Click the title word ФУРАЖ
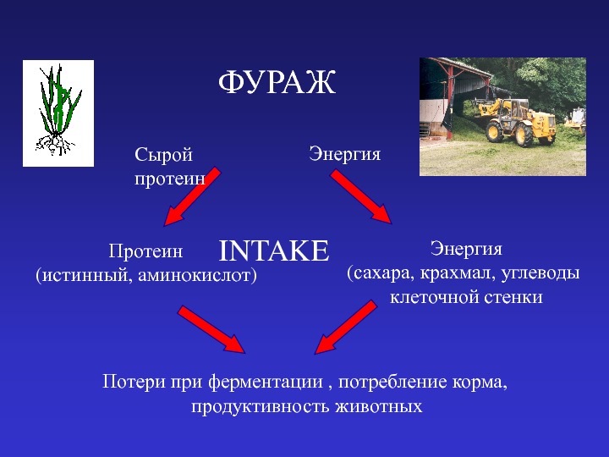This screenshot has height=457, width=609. (x=277, y=82)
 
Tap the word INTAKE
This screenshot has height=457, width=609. (x=274, y=251)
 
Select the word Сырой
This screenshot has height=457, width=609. (x=163, y=155)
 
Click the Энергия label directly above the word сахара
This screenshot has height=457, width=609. (x=466, y=249)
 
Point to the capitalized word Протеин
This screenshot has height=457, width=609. (x=145, y=251)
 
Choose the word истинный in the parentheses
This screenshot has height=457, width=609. (x=85, y=275)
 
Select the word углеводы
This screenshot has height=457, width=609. (x=540, y=273)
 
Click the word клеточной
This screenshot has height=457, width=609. (x=434, y=298)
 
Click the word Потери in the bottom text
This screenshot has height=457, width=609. (x=134, y=382)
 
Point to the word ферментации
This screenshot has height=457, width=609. (x=266, y=382)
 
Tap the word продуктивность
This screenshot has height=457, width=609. (x=260, y=406)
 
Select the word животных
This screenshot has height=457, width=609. (x=379, y=406)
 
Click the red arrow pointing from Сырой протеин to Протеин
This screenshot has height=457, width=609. (x=192, y=196)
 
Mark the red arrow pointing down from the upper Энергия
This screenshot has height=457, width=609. (x=361, y=196)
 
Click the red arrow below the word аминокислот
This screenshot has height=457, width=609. (x=211, y=329)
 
